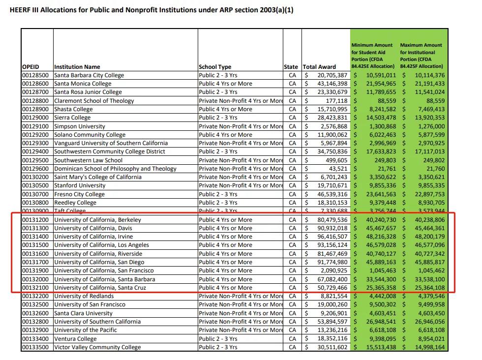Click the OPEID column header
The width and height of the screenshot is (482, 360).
coord(30,67)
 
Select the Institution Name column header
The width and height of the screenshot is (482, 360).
coord(77,67)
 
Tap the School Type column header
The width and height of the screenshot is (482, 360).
coord(215,67)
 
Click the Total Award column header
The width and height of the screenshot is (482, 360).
coord(319,67)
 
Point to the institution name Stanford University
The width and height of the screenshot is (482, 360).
coord(80,185)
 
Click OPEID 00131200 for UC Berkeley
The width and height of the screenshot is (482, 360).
coord(35,220)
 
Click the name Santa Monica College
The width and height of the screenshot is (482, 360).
coord(83,84)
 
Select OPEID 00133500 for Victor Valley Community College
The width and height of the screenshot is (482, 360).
coord(35,347)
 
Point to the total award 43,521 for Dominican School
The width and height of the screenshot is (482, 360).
coord(337,169)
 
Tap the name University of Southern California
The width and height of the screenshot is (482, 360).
coord(97,322)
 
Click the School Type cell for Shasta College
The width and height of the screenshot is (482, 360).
coord(225,109)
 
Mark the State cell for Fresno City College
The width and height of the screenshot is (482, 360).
coord(292,194)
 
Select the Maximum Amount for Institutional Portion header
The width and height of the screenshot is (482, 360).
coord(422,56)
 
